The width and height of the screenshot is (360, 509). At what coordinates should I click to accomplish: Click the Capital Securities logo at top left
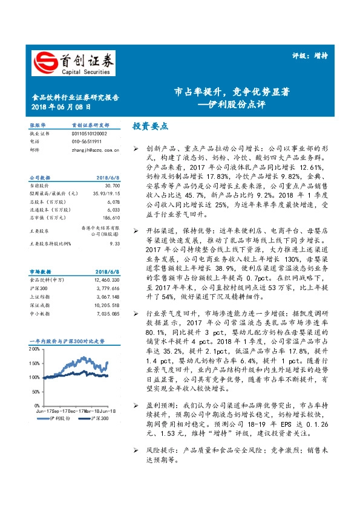pos(73,62)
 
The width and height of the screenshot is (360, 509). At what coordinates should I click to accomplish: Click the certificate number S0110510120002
pos(89,133)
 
